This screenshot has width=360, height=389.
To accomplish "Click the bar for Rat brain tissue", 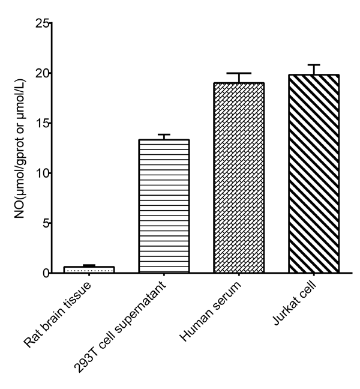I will coord(89,270).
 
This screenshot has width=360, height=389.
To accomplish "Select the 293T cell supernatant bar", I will coord(164,207).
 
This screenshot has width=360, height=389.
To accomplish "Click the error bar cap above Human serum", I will coord(239,73).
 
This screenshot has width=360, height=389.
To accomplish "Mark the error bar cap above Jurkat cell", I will coord(313,65).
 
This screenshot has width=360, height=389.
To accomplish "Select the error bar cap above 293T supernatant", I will coord(164,134).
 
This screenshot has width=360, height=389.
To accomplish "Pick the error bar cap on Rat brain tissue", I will coord(89,265).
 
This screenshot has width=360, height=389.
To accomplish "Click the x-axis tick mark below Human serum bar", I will coord(239,277).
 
